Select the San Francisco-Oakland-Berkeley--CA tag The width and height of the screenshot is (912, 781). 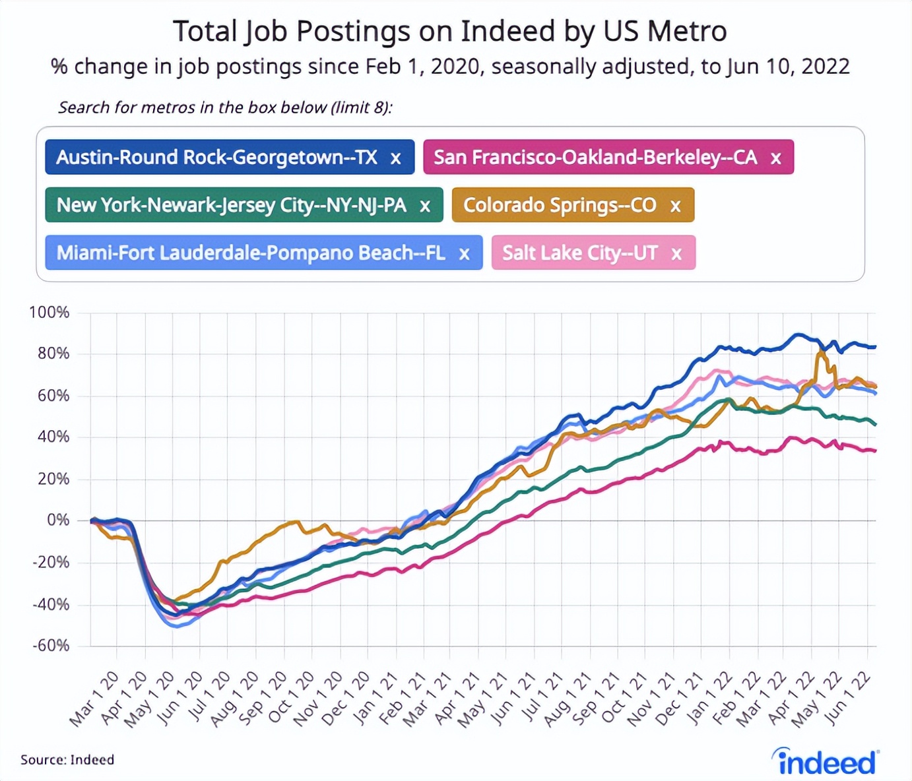pyautogui.click(x=595, y=158)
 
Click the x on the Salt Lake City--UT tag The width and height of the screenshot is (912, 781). pyautogui.click(x=676, y=254)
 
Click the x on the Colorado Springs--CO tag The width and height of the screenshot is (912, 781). pyautogui.click(x=675, y=206)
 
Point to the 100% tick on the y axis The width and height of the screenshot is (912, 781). pyautogui.click(x=49, y=312)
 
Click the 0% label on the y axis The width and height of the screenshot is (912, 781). pyautogui.click(x=57, y=520)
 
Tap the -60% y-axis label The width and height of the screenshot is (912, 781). pyautogui.click(x=51, y=645)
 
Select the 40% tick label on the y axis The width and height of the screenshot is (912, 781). pyautogui.click(x=53, y=437)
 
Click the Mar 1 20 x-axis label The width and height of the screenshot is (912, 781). pyautogui.click(x=94, y=699)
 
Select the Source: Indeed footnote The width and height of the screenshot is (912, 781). pyautogui.click(x=67, y=760)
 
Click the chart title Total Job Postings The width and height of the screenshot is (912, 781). pyautogui.click(x=449, y=31)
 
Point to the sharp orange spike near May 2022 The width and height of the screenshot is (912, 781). pyautogui.click(x=820, y=354)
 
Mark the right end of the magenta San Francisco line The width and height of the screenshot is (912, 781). pyautogui.click(x=875, y=451)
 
